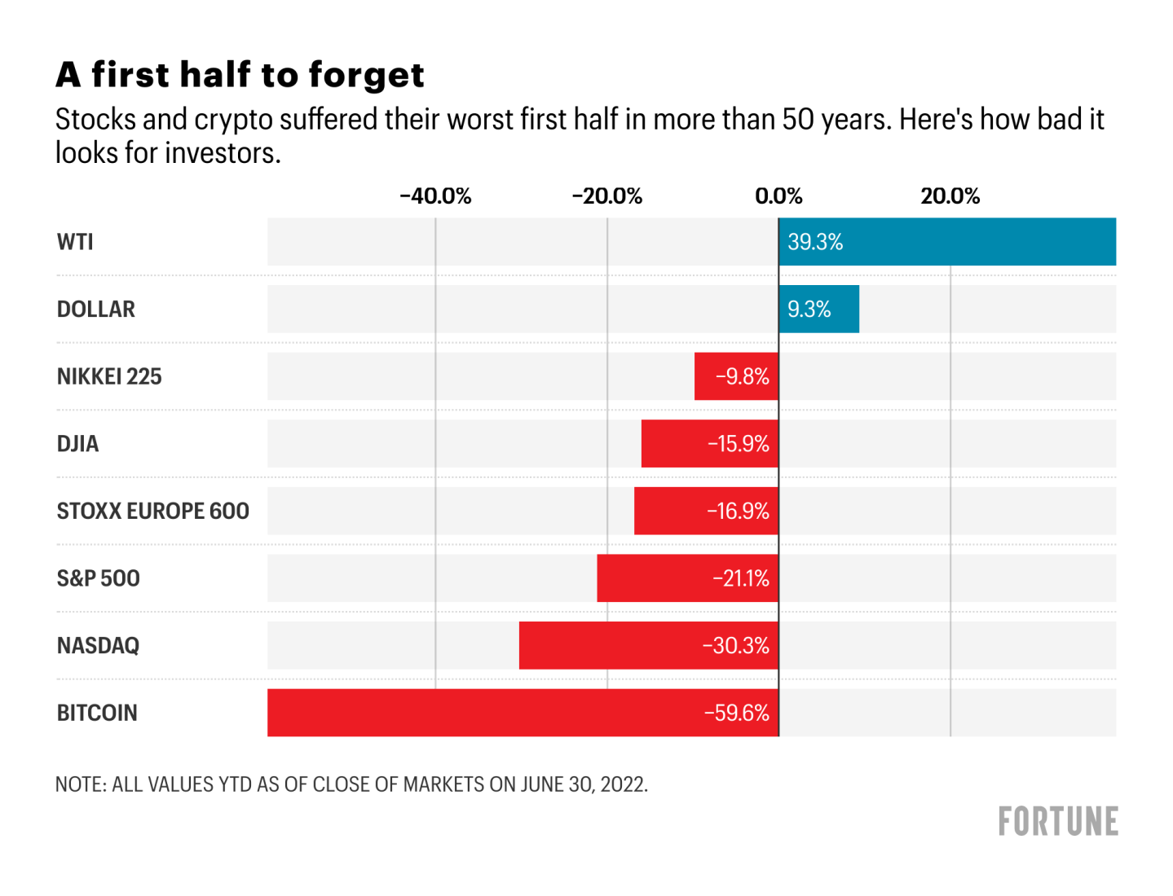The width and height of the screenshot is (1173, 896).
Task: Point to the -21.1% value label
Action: (x=740, y=578)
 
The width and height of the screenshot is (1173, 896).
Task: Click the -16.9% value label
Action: (x=738, y=511)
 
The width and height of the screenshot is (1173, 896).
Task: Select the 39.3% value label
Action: (x=815, y=242)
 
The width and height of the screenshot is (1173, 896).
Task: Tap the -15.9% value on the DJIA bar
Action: (x=738, y=444)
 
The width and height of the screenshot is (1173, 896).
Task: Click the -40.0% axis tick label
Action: (x=435, y=196)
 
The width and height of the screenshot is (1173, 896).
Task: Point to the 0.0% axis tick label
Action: (x=778, y=196)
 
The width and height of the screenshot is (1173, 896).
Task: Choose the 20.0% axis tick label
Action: (x=950, y=196)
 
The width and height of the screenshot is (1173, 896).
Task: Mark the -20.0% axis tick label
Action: (x=606, y=196)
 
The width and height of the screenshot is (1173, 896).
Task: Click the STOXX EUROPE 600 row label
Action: (x=152, y=511)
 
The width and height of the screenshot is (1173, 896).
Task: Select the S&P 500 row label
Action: (x=98, y=578)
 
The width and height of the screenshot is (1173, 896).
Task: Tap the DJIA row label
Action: (x=77, y=444)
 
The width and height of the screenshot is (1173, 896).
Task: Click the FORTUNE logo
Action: (x=1058, y=822)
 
